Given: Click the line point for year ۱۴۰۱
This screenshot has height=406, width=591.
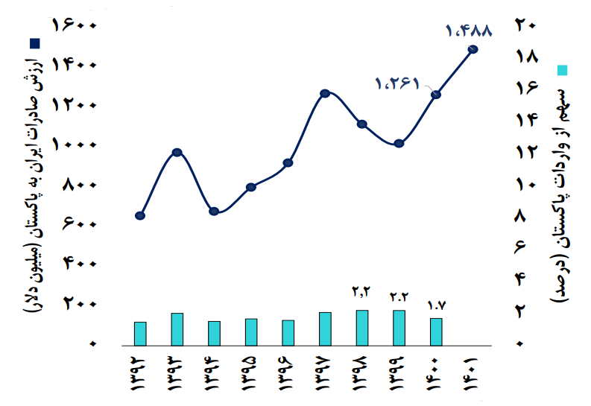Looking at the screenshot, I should [x=473, y=49].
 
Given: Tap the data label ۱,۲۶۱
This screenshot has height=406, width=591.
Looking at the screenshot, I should [x=398, y=83].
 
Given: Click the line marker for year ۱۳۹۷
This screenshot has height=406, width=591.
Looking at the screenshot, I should [x=325, y=93].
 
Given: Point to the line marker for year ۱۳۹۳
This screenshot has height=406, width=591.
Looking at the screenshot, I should [x=177, y=153].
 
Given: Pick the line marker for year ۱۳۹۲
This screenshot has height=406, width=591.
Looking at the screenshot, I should [x=140, y=216].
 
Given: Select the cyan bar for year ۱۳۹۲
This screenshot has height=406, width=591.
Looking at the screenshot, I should [x=140, y=333].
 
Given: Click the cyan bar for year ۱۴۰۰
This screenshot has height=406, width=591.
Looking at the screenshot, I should [x=436, y=332].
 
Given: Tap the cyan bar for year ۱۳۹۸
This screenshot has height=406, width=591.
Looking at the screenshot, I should [x=362, y=328].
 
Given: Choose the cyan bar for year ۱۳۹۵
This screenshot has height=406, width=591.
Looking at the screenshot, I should [x=251, y=332].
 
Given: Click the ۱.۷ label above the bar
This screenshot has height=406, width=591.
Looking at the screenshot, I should [x=436, y=305].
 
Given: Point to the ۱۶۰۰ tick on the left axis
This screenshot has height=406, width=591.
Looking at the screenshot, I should [x=75, y=25].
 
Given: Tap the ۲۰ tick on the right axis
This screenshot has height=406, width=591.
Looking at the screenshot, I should [x=526, y=25].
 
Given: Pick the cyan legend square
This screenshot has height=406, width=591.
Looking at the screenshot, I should [x=563, y=71].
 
